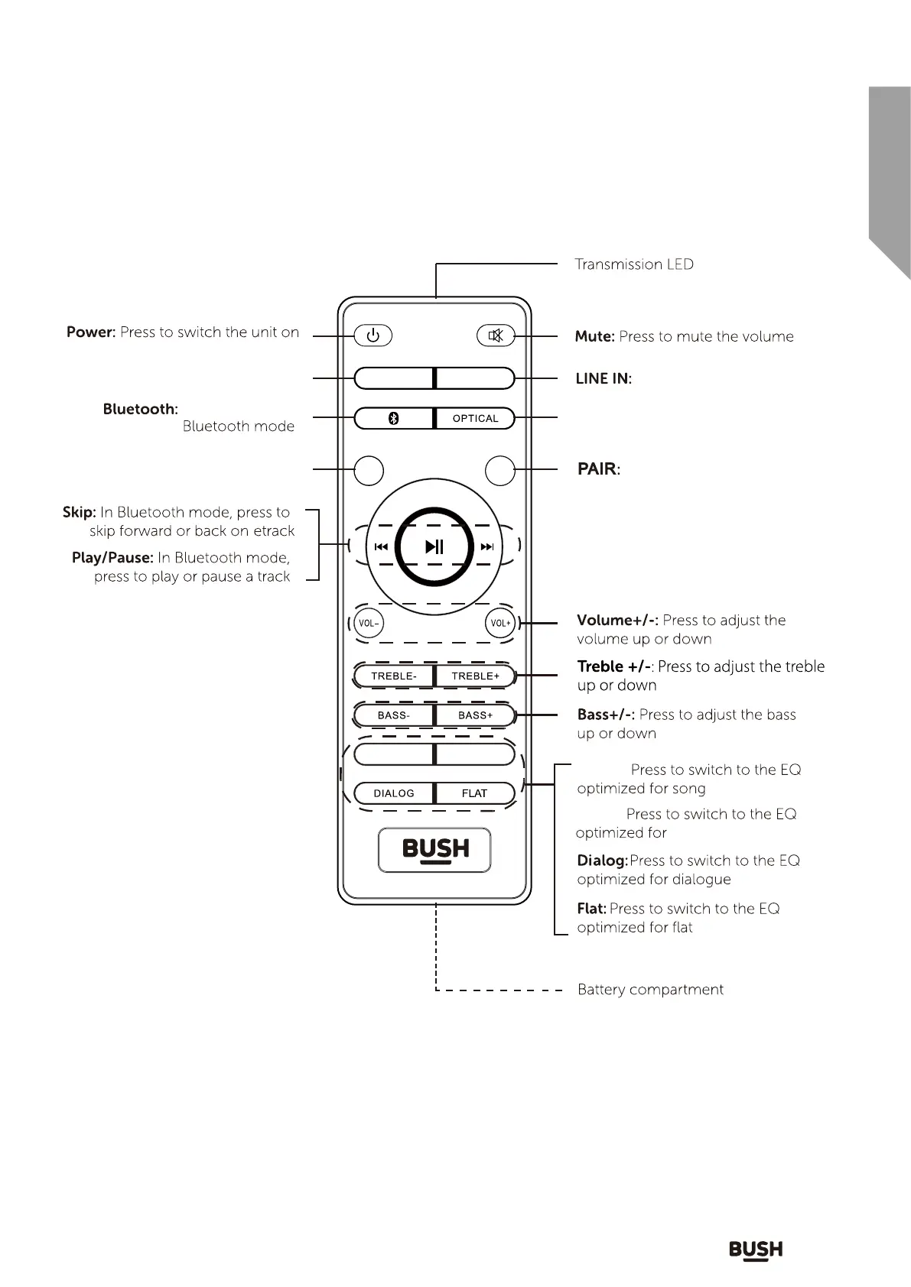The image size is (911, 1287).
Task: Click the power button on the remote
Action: coord(373,336)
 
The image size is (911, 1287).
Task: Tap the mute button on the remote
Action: coord(496,336)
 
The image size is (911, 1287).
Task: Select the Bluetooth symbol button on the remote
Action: coord(393,419)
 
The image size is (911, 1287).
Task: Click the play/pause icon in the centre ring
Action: coord(434,546)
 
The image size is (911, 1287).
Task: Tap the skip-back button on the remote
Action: coord(381,546)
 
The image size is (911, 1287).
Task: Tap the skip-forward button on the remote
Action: coord(487,546)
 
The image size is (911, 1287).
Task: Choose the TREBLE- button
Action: coord(394,676)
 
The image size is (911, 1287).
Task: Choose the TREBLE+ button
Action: coord(475,676)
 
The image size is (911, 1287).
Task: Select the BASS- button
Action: coord(394,715)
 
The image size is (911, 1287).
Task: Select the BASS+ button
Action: coord(475,715)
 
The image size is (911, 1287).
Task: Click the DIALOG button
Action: coord(394,793)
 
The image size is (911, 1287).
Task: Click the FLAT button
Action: coord(474,793)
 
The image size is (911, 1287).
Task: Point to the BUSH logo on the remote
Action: coord(435,850)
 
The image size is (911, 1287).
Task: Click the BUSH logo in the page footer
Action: coord(756,1250)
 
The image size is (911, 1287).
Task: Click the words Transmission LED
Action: coord(634,264)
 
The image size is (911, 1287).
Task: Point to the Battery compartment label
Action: coord(650,990)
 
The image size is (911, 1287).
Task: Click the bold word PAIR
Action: coord(597,469)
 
